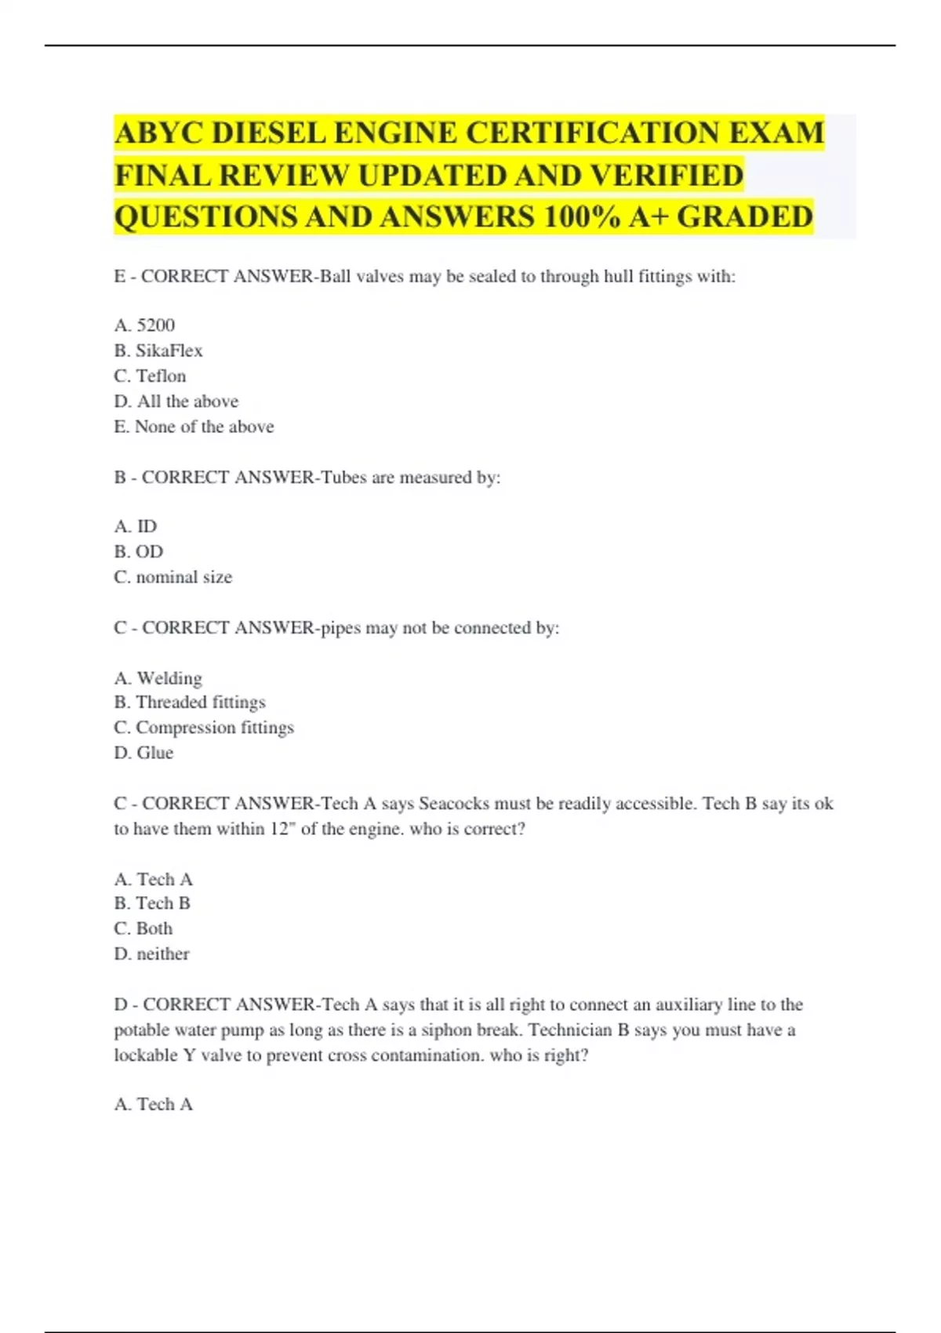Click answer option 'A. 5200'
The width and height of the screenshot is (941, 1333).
coord(144,325)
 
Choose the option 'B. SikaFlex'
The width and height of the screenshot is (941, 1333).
coord(158,351)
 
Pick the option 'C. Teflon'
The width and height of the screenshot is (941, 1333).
coord(150,376)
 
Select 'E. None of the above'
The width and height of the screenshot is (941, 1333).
coord(194,427)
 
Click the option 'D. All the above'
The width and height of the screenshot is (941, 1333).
coord(176,401)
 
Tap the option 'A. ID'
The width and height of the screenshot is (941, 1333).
coord(136,526)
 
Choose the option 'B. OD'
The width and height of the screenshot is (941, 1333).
coord(139,552)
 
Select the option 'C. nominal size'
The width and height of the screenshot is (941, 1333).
coord(173,577)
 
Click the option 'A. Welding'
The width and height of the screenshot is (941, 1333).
coord(158,678)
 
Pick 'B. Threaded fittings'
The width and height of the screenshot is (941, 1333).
coord(190,703)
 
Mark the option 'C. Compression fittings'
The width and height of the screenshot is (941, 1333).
coord(204,728)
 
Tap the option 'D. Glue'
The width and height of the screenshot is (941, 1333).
coord(144,753)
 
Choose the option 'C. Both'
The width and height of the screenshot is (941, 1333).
coord(144,928)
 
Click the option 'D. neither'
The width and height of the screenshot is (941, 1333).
coord(151,954)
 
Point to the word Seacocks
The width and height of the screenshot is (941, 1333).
coord(454,804)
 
